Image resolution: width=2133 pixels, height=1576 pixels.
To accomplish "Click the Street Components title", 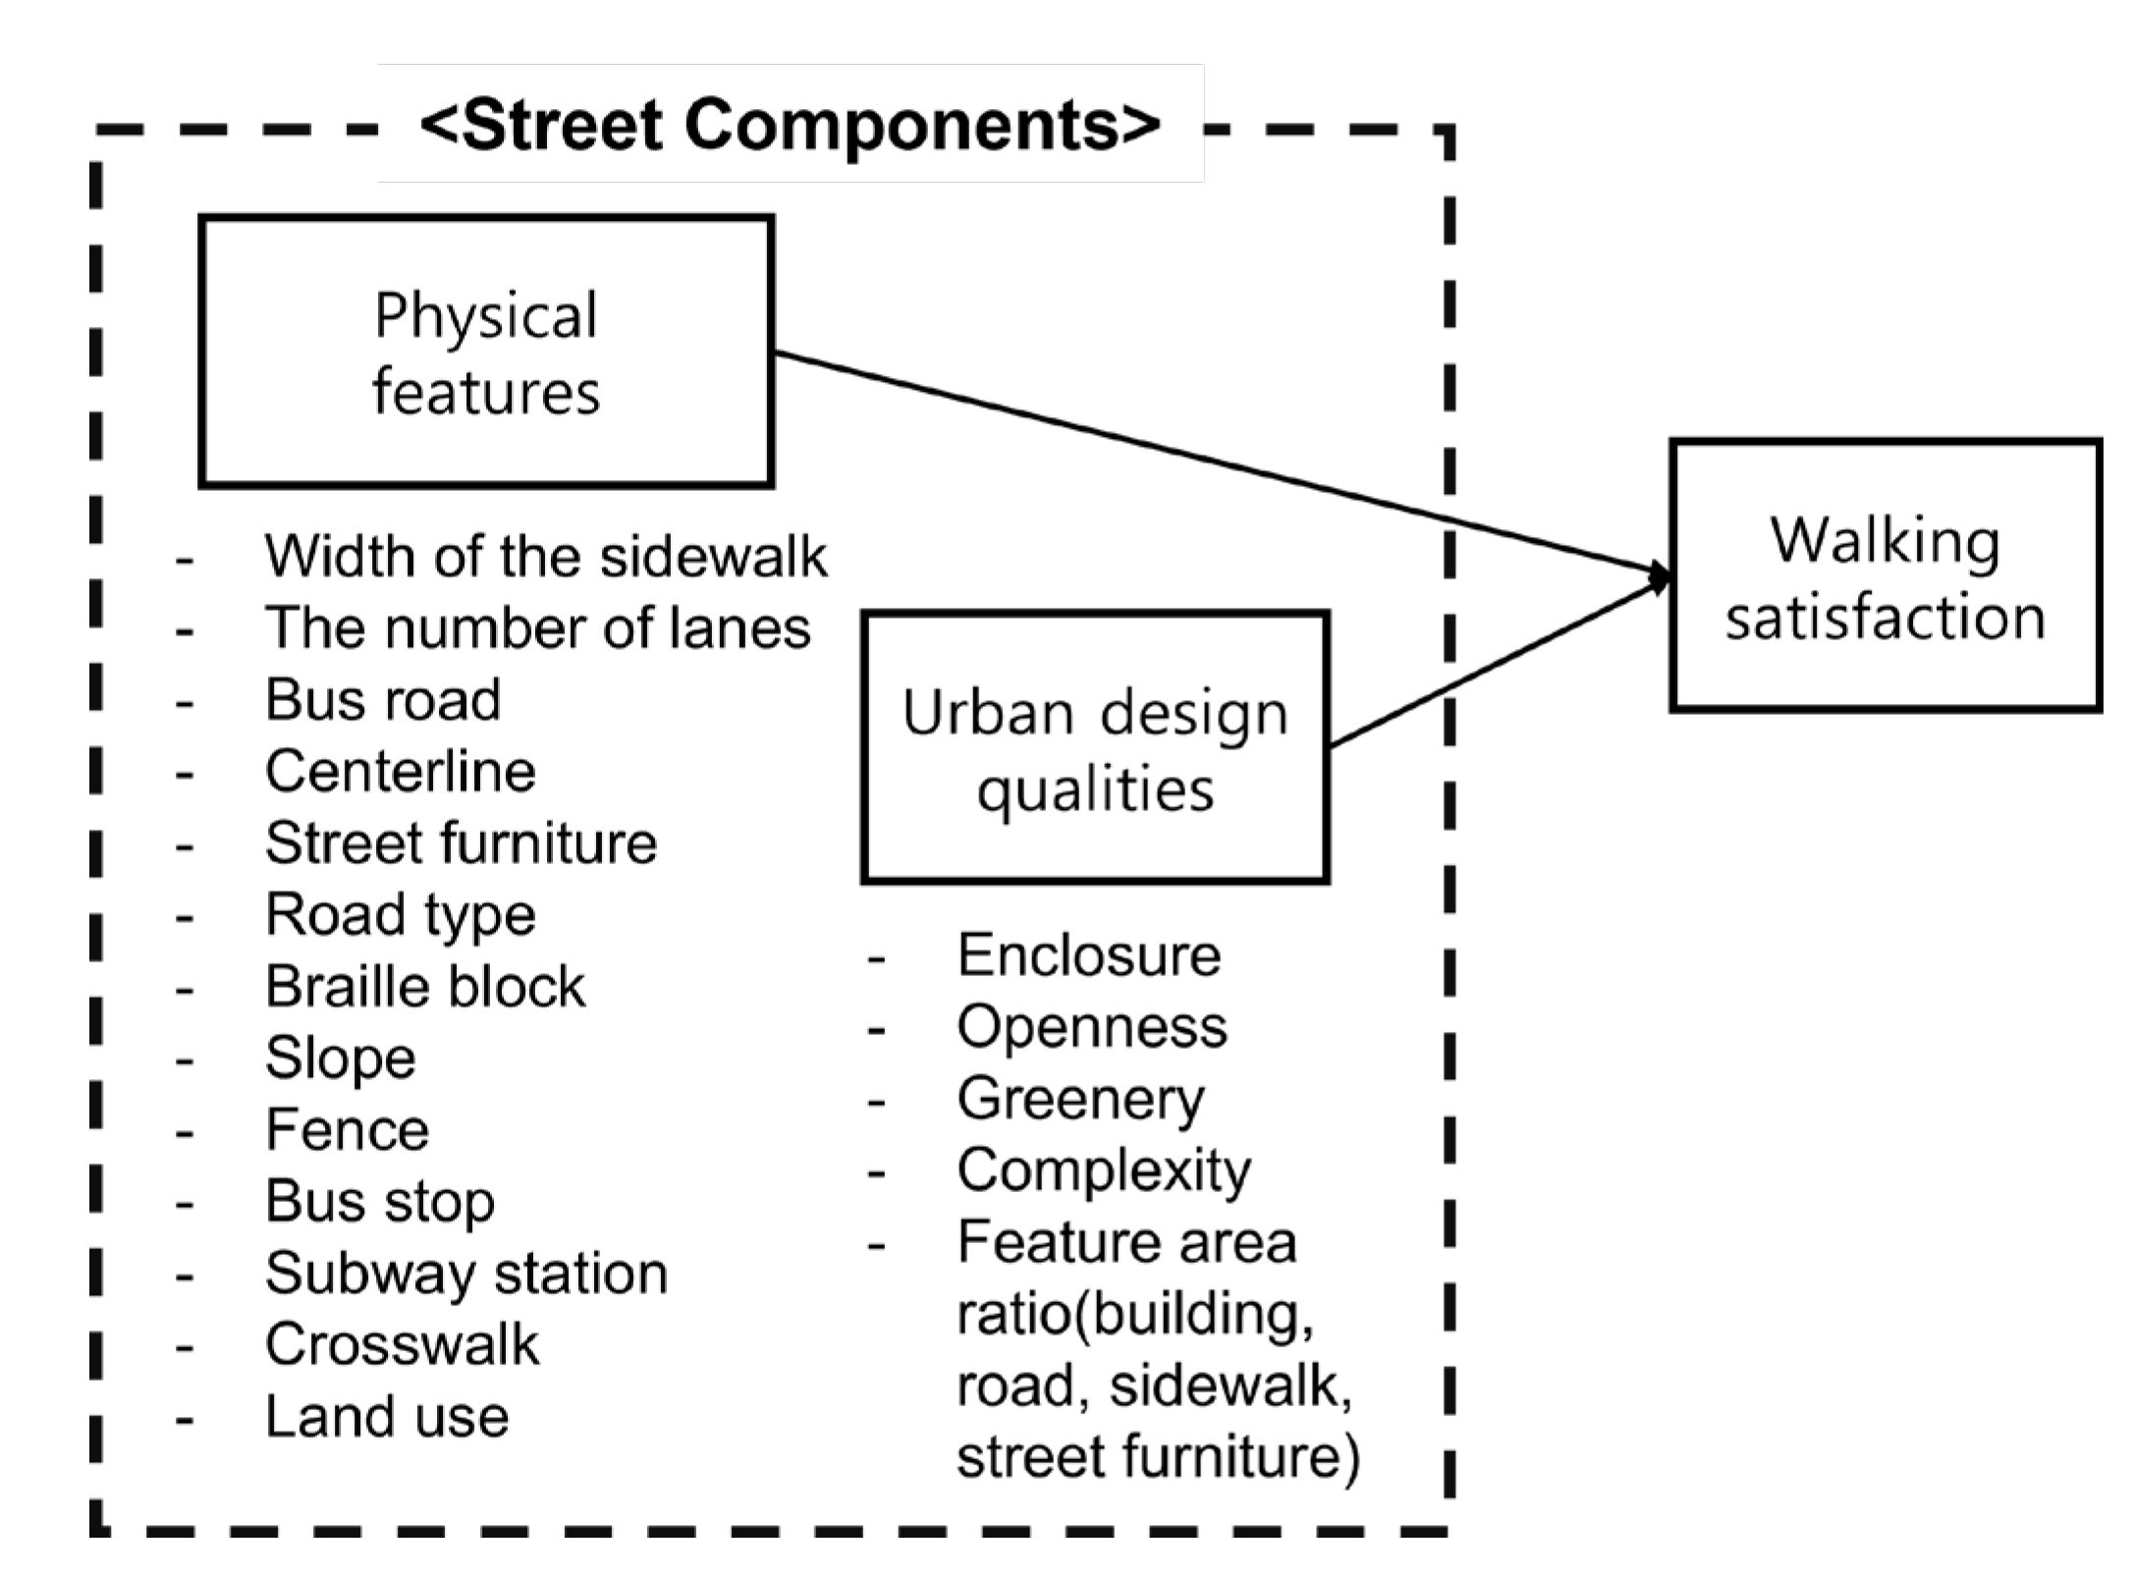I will tap(791, 126).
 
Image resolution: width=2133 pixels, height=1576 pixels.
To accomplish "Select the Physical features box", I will tap(486, 352).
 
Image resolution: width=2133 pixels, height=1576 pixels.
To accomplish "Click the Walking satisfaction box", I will tap(1886, 576).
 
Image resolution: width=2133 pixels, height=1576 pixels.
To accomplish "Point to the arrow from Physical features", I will tap(1218, 462).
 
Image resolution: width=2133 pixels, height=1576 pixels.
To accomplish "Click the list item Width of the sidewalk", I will tap(545, 556).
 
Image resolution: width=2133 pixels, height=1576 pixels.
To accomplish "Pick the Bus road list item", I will tap(383, 699).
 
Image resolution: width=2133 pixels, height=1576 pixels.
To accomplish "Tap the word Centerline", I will tap(401, 771).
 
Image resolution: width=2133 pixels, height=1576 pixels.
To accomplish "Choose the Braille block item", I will tap(425, 986).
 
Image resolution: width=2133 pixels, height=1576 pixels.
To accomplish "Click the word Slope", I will tap(341, 1059).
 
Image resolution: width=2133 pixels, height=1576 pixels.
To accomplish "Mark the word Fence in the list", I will tap(347, 1129).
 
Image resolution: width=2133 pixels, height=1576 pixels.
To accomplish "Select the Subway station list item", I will tap(466, 1274).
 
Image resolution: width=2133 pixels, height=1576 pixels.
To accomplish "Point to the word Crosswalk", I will tap(402, 1344).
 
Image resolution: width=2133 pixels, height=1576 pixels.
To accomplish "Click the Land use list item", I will tap(387, 1416).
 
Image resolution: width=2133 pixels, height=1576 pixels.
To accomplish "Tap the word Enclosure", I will tap(1089, 954).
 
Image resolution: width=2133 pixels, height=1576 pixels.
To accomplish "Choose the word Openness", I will tap(1092, 1027).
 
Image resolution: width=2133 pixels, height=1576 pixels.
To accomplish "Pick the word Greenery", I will tap(1080, 1099).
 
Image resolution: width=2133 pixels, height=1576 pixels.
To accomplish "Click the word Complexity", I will tap(1104, 1170).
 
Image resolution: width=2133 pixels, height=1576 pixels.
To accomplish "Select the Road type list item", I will tap(401, 915).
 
